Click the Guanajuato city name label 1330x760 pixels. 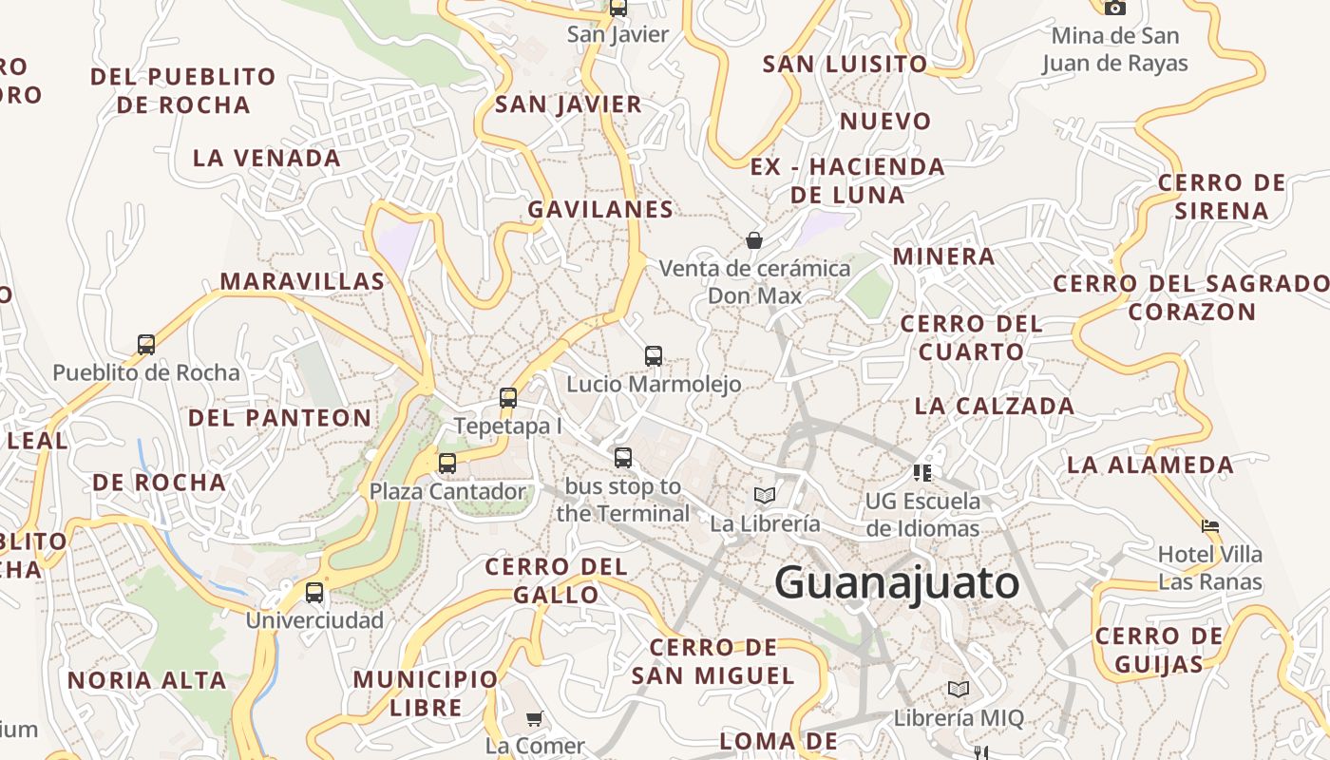(x=897, y=582)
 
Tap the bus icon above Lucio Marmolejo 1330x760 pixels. (x=654, y=356)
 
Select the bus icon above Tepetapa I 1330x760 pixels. (x=508, y=398)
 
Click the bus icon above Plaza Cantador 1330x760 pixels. (x=446, y=464)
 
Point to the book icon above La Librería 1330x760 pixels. (x=765, y=495)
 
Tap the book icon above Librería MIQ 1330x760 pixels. (x=959, y=690)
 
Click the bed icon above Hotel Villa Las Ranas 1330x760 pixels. (x=1209, y=525)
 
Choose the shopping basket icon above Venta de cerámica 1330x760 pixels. (x=754, y=240)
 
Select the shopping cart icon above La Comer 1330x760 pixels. (x=535, y=717)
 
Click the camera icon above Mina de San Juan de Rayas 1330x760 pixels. (x=1114, y=8)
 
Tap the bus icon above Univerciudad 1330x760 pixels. (x=314, y=593)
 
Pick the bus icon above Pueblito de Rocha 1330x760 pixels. (x=146, y=344)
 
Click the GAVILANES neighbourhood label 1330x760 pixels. (x=600, y=209)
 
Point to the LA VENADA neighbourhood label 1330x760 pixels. (x=266, y=158)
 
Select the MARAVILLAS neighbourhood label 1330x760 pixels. (x=302, y=281)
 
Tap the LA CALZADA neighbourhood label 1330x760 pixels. (x=994, y=406)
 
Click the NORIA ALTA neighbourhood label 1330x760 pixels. (x=146, y=680)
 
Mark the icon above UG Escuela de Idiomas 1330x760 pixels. (x=921, y=471)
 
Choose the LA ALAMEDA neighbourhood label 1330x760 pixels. (x=1149, y=465)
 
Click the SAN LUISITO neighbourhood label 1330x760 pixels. (x=845, y=64)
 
